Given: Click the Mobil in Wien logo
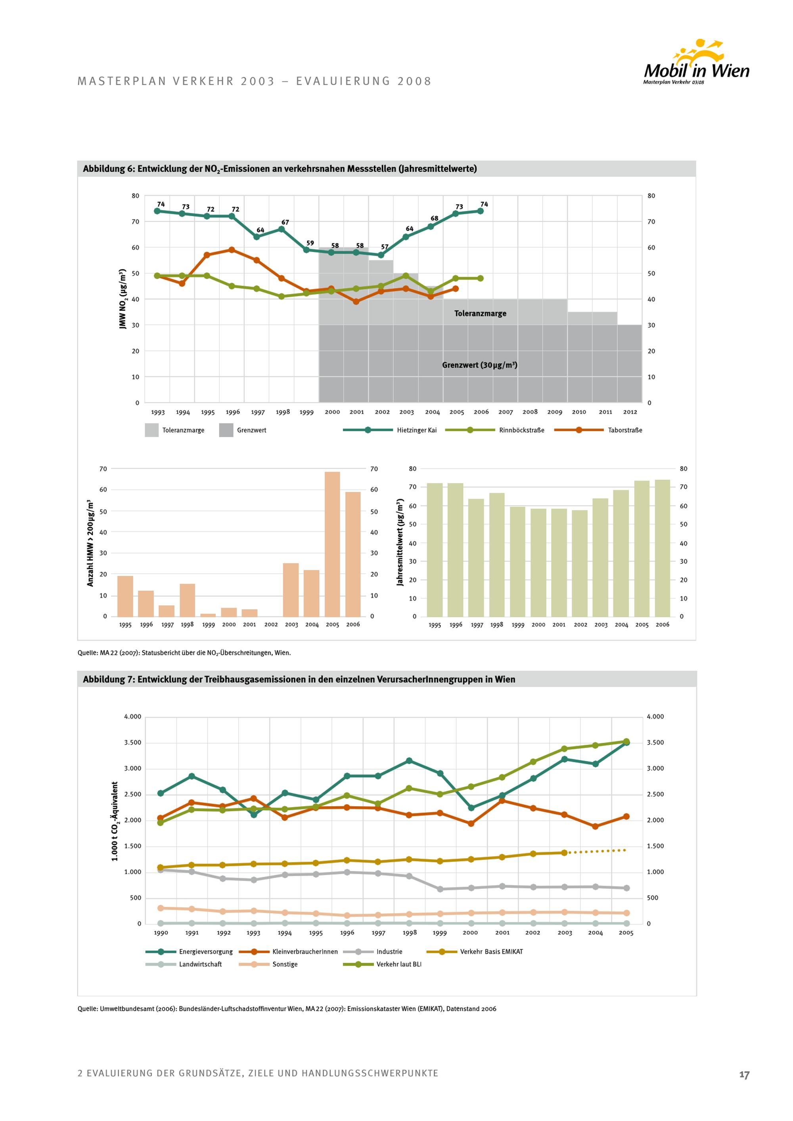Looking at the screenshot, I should coord(696,63).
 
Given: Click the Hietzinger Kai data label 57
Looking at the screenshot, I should coord(385,247).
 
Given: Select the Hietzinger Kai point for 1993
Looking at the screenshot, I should coord(157,211).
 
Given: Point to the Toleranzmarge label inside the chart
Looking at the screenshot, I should coord(480,314).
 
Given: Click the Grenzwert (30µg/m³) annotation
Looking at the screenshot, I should coord(479,365).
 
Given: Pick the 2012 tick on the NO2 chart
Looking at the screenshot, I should coord(630,412).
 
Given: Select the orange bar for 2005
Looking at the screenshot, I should coord(332,544).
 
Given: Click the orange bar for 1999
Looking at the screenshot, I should coord(208,615).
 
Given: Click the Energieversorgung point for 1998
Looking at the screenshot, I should coord(409,761).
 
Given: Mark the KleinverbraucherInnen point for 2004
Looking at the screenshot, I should coord(595,826).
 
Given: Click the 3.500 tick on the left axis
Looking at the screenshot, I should coord(132,742).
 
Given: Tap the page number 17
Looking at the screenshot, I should coord(744,1075).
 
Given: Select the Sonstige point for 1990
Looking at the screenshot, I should coord(160,908).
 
